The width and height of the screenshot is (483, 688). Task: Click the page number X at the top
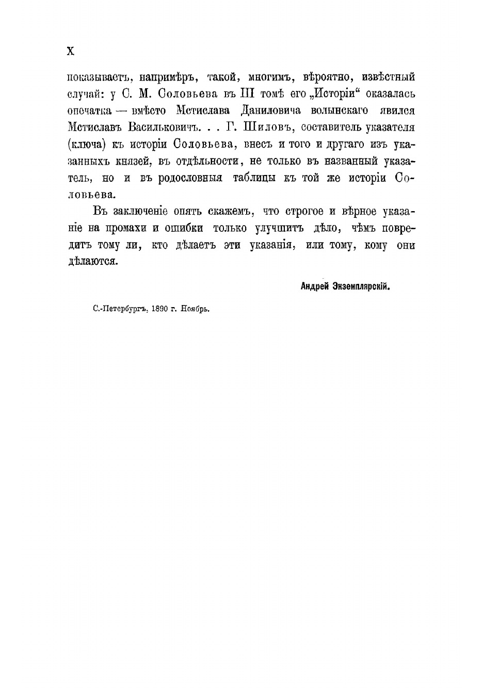(x=71, y=51)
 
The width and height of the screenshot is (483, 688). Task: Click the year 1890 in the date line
(x=160, y=309)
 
